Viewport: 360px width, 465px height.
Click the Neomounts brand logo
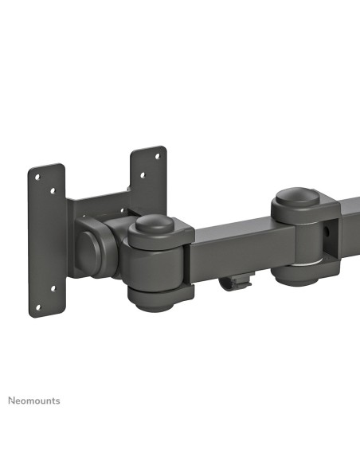click(x=33, y=400)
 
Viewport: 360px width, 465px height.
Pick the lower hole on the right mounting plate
click(x=143, y=177)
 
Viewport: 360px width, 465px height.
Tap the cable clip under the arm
click(x=237, y=281)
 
